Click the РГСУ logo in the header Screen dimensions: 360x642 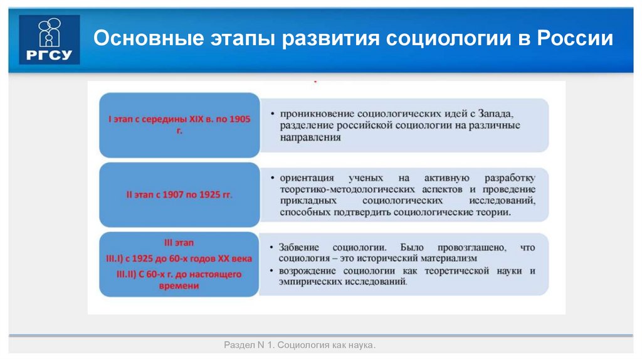50,40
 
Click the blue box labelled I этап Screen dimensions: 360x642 179,124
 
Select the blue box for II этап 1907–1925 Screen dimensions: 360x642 179,194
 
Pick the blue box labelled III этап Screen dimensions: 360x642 179,264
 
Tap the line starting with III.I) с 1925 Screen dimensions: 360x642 179,258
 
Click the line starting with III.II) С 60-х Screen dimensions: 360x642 179,273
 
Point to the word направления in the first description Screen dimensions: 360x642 311,137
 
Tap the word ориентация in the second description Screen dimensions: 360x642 307,177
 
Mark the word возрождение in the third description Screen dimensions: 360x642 308,271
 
